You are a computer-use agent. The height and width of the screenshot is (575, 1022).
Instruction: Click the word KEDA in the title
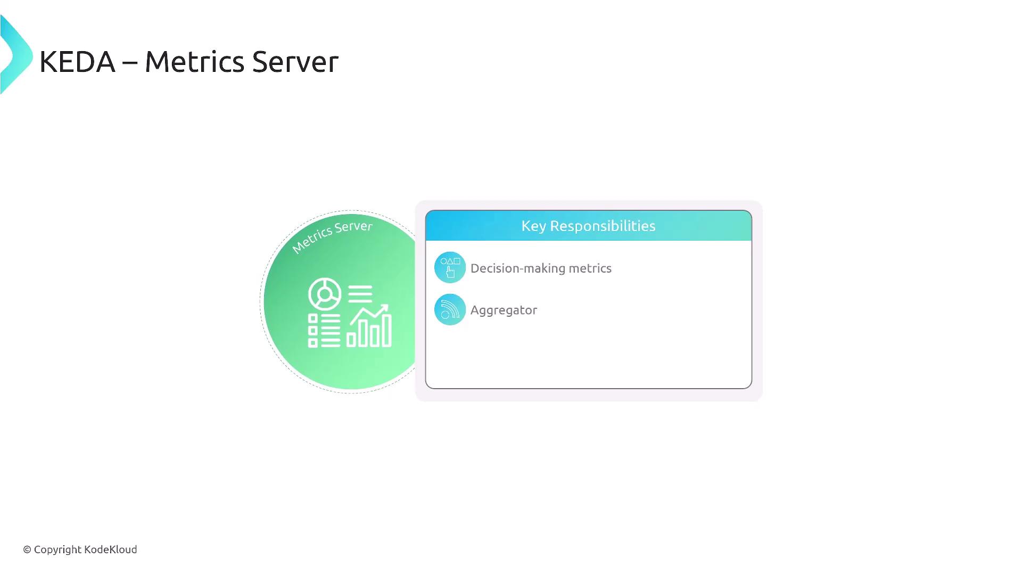(77, 62)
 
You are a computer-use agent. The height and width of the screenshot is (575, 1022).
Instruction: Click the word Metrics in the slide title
(194, 62)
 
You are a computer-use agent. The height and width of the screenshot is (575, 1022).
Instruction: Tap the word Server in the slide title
(295, 62)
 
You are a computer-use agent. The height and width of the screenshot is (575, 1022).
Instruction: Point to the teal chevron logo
(16, 55)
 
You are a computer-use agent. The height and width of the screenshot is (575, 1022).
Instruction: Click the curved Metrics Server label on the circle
(332, 236)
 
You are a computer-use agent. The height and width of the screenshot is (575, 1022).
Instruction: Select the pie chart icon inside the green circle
(324, 294)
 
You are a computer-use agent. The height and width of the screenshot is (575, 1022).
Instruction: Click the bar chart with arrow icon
(369, 326)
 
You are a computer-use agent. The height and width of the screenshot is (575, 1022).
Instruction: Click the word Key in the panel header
(534, 226)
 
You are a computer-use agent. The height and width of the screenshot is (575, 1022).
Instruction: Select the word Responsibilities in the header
(603, 226)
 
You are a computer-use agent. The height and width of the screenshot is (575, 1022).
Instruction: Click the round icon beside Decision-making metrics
(450, 267)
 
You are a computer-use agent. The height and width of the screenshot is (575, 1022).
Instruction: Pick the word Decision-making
(517, 268)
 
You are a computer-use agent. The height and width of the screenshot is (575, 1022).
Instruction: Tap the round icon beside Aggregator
(450, 309)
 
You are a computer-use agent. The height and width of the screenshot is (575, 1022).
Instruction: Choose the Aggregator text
(504, 310)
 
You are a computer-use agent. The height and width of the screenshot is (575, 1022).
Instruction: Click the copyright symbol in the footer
(27, 549)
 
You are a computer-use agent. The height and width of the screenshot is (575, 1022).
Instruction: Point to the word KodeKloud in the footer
(111, 549)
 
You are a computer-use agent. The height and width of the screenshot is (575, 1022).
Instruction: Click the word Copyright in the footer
(57, 550)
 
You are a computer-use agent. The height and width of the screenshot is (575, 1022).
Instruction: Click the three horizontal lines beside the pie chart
(360, 293)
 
